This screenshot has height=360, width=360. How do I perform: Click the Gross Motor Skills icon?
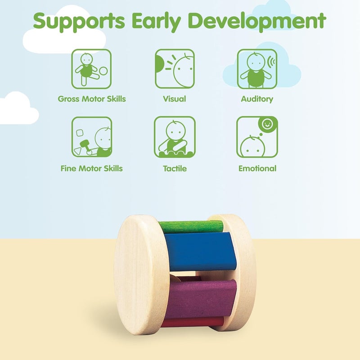[92, 69]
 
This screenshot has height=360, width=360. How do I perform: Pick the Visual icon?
[175, 69]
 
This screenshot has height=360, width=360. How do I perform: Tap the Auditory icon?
[257, 69]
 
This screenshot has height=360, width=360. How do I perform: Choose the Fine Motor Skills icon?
[92, 137]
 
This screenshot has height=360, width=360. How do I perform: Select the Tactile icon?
[175, 137]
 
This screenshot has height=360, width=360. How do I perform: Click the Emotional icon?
[257, 137]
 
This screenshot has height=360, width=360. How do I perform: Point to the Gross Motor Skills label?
[92, 99]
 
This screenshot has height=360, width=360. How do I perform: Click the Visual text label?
[175, 99]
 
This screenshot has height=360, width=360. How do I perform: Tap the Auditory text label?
[257, 99]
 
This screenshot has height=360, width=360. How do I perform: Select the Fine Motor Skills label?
[92, 169]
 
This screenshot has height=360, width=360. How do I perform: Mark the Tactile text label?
[175, 169]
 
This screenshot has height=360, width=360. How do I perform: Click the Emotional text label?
[257, 169]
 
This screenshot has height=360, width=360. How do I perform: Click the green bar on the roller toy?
[191, 226]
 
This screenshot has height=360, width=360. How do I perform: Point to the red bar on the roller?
[193, 322]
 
